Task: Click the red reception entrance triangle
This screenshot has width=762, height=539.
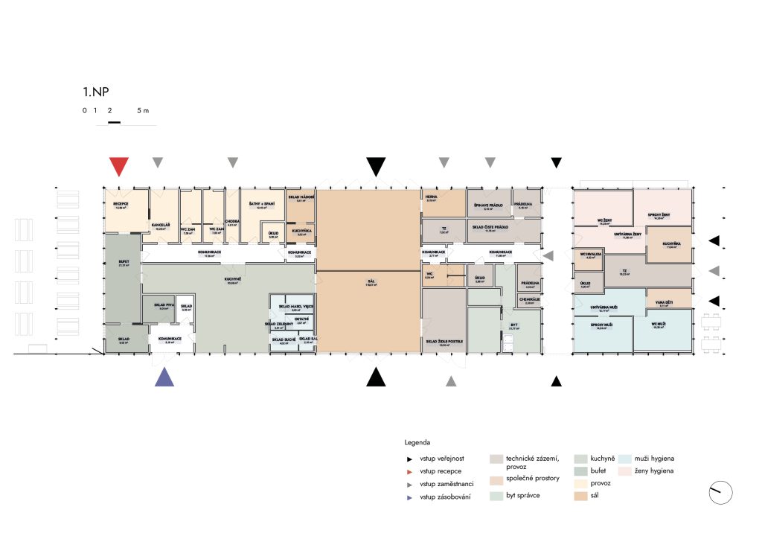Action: [x=118, y=166]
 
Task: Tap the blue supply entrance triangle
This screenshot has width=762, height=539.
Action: [x=164, y=377]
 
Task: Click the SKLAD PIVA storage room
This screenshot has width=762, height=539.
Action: [x=164, y=305]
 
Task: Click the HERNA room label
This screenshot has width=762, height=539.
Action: [x=431, y=197]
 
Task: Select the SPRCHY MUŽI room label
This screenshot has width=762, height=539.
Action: [x=602, y=325]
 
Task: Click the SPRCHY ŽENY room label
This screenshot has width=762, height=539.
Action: [x=662, y=214]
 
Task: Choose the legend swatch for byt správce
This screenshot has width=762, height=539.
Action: [x=496, y=494]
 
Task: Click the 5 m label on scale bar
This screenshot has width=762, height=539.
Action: [x=143, y=110]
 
